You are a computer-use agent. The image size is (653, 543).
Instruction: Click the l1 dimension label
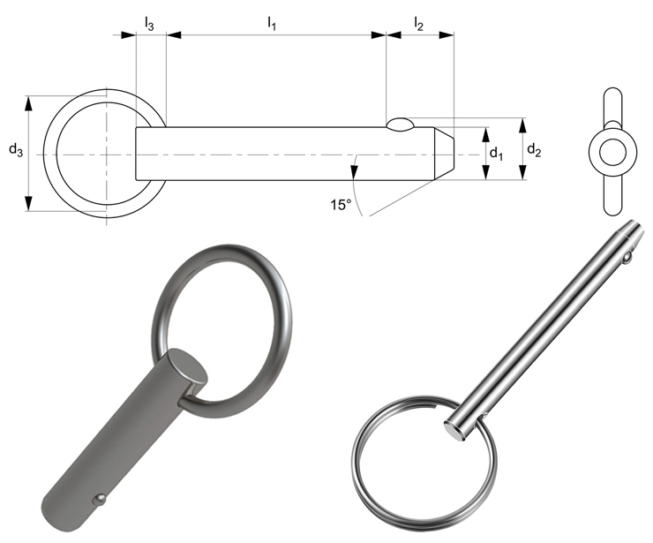click(273, 26)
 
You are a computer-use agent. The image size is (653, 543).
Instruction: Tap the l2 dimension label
click(418, 26)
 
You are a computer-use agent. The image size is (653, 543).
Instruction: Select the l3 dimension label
click(149, 26)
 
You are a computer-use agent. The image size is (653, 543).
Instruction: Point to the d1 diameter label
click(496, 153)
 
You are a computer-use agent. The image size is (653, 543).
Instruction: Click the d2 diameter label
click(534, 150)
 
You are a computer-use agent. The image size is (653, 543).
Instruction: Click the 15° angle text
click(341, 205)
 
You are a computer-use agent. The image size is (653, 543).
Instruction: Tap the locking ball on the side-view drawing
click(399, 124)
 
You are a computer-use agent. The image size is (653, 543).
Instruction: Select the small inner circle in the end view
click(610, 153)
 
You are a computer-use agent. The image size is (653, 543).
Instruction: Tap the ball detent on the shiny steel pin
click(626, 259)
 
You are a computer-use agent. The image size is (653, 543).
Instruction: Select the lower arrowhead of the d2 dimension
click(522, 174)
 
